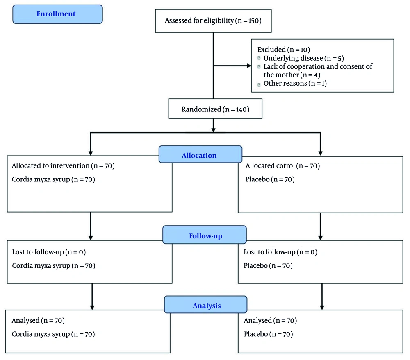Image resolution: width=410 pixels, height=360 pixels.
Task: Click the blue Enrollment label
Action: coord(56,14)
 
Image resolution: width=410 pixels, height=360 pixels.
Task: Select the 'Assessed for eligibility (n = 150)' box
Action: coord(213,20)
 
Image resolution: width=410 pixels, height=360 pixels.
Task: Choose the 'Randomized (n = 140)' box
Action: coord(216,109)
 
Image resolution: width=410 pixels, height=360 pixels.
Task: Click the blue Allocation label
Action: coord(199,156)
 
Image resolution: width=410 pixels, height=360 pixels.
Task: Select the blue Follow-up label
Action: coord(205,236)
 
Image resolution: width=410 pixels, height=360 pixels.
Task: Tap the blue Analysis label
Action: coord(206,306)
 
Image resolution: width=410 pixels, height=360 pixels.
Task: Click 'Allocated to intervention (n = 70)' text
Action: coord(63,166)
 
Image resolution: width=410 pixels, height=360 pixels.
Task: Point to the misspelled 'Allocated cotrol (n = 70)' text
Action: coord(282,166)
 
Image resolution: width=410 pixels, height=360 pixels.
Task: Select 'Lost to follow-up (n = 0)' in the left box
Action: coord(49,252)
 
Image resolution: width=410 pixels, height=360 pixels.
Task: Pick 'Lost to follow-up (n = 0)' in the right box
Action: coord(280,252)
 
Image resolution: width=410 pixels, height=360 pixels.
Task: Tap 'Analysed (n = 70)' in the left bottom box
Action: coord(38,320)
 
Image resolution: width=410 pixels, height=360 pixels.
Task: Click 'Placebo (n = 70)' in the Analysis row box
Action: coord(268,334)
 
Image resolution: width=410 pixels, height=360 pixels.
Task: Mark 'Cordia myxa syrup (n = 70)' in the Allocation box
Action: coord(53,179)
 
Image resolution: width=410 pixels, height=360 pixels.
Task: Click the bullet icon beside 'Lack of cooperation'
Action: coord(259,67)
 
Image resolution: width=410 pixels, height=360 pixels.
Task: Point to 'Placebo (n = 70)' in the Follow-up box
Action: coord(268,266)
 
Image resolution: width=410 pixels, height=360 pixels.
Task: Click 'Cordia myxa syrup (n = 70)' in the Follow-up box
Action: coord(53,266)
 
